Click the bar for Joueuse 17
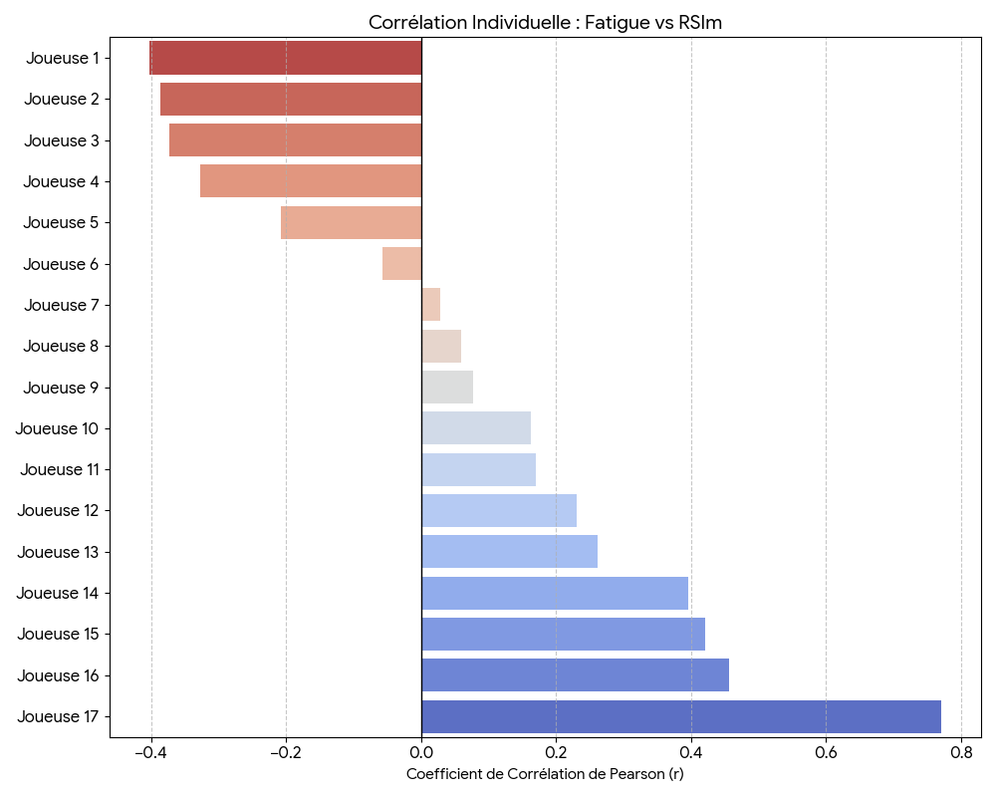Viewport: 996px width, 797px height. (681, 716)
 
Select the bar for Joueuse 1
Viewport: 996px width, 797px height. (286, 58)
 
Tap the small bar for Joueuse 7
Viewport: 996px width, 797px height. (430, 305)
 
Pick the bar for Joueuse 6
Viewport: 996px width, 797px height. (402, 264)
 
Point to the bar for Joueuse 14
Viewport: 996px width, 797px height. (555, 593)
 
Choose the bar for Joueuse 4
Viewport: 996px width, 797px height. (311, 181)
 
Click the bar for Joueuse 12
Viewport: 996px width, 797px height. (499, 510)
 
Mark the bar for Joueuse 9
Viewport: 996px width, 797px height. (447, 387)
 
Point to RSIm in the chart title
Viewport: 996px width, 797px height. (700, 22)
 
